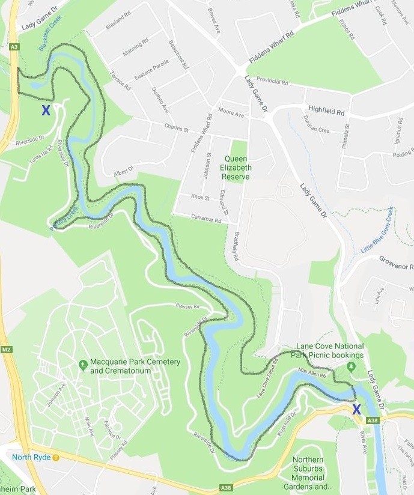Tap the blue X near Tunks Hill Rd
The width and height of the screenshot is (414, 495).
46,110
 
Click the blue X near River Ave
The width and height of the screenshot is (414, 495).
356,409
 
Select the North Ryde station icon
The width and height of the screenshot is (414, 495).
56,457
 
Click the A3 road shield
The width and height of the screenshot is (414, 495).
14,46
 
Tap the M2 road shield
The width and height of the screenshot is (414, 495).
7,349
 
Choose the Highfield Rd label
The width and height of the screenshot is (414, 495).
326,112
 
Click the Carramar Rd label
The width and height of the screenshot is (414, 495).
205,220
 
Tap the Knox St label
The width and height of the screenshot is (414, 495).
199,198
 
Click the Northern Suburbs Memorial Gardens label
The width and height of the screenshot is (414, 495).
312,474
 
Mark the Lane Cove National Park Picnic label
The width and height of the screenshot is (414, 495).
330,351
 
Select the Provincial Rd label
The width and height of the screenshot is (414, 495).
273,80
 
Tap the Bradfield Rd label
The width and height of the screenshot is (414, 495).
236,246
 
